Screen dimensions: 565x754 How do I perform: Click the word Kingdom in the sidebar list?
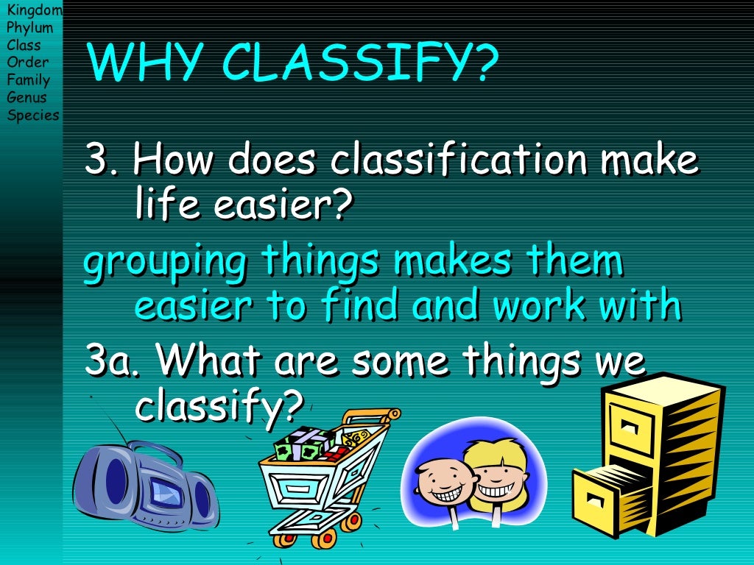click(34, 10)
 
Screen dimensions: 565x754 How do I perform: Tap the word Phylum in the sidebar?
click(29, 28)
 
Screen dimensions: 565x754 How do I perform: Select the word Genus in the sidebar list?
click(27, 97)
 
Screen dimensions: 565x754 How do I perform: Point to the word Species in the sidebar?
click(33, 115)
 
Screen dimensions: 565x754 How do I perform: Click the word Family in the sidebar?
click(28, 80)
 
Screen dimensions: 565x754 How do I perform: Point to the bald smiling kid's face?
click(442, 486)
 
